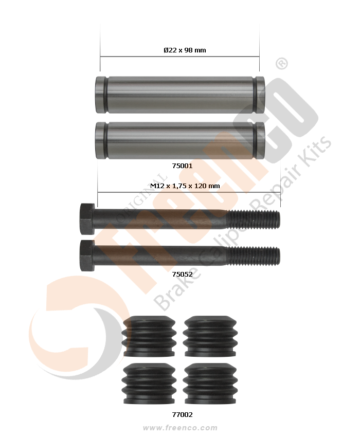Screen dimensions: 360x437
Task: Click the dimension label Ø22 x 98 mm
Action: [185, 50]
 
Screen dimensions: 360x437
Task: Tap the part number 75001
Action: [183, 166]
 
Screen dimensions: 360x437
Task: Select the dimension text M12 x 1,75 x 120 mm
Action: [185, 186]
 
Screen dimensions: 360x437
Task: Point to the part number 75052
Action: [183, 274]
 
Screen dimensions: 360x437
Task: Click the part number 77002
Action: [183, 415]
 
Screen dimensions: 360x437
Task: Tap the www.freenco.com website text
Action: [180, 428]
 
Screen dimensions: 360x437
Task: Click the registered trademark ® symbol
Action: [282, 64]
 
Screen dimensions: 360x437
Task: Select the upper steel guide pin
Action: [180, 95]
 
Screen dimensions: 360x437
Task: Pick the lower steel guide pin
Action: [180, 140]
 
